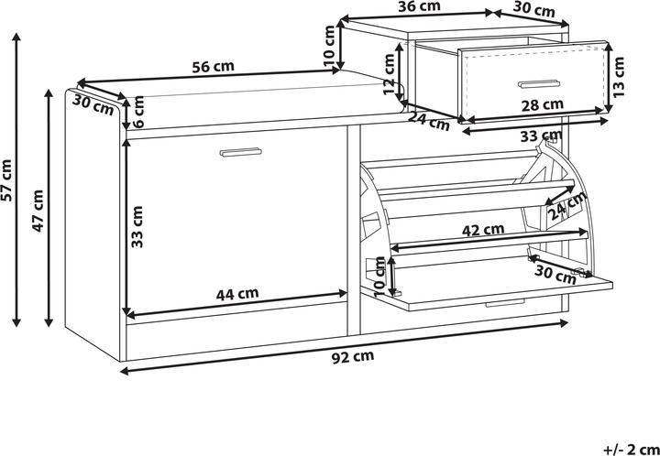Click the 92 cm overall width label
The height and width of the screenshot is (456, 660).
coord(353,357)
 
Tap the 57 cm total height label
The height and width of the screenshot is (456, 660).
coord(8,179)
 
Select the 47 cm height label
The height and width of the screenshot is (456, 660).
coord(38,211)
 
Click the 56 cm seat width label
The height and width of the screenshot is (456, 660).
coord(213,67)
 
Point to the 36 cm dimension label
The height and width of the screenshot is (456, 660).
coord(420,5)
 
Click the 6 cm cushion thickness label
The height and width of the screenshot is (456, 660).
coord(138,112)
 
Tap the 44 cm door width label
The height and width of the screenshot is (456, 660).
coord(237,294)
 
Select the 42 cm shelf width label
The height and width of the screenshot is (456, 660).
coord(483,230)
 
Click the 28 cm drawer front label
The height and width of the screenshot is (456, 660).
coord(542,105)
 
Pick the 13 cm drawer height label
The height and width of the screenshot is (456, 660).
coord(619,77)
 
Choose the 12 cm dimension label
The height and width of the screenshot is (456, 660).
coord(390,74)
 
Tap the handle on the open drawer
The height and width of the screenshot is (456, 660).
coord(539,84)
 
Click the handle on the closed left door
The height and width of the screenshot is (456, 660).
coord(240,152)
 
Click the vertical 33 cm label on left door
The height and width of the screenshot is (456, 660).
coord(137,226)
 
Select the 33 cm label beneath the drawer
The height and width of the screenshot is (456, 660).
coord(542,136)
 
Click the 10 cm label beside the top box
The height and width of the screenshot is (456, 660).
coord(330,46)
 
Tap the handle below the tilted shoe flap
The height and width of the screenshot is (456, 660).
coord(505,302)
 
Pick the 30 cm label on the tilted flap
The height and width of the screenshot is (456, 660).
coord(555,275)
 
